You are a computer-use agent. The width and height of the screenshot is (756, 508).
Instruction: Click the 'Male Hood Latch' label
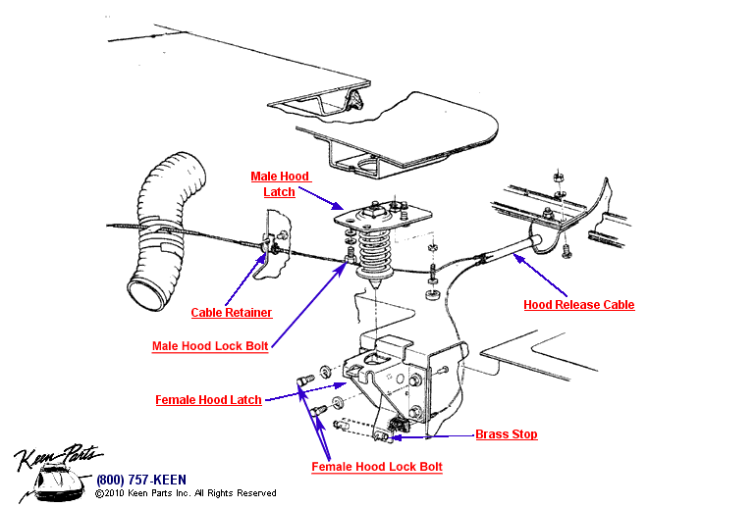point(280,184)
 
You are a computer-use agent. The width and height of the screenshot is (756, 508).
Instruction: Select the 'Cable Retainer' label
point(231,313)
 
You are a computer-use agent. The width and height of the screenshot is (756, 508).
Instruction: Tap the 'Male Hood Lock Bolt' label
point(210,346)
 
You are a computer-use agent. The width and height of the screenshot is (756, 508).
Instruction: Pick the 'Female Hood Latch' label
point(208,400)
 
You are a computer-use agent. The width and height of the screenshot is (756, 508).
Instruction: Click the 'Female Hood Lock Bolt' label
point(377,467)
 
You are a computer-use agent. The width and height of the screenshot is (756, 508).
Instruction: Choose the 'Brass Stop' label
point(506,434)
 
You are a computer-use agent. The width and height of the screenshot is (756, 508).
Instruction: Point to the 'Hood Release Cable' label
point(578,305)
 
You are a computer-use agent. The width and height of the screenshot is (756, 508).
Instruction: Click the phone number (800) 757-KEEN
point(135,480)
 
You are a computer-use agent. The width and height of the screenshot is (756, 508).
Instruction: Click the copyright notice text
point(186,493)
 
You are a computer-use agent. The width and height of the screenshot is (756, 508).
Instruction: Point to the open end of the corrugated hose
point(143,294)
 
